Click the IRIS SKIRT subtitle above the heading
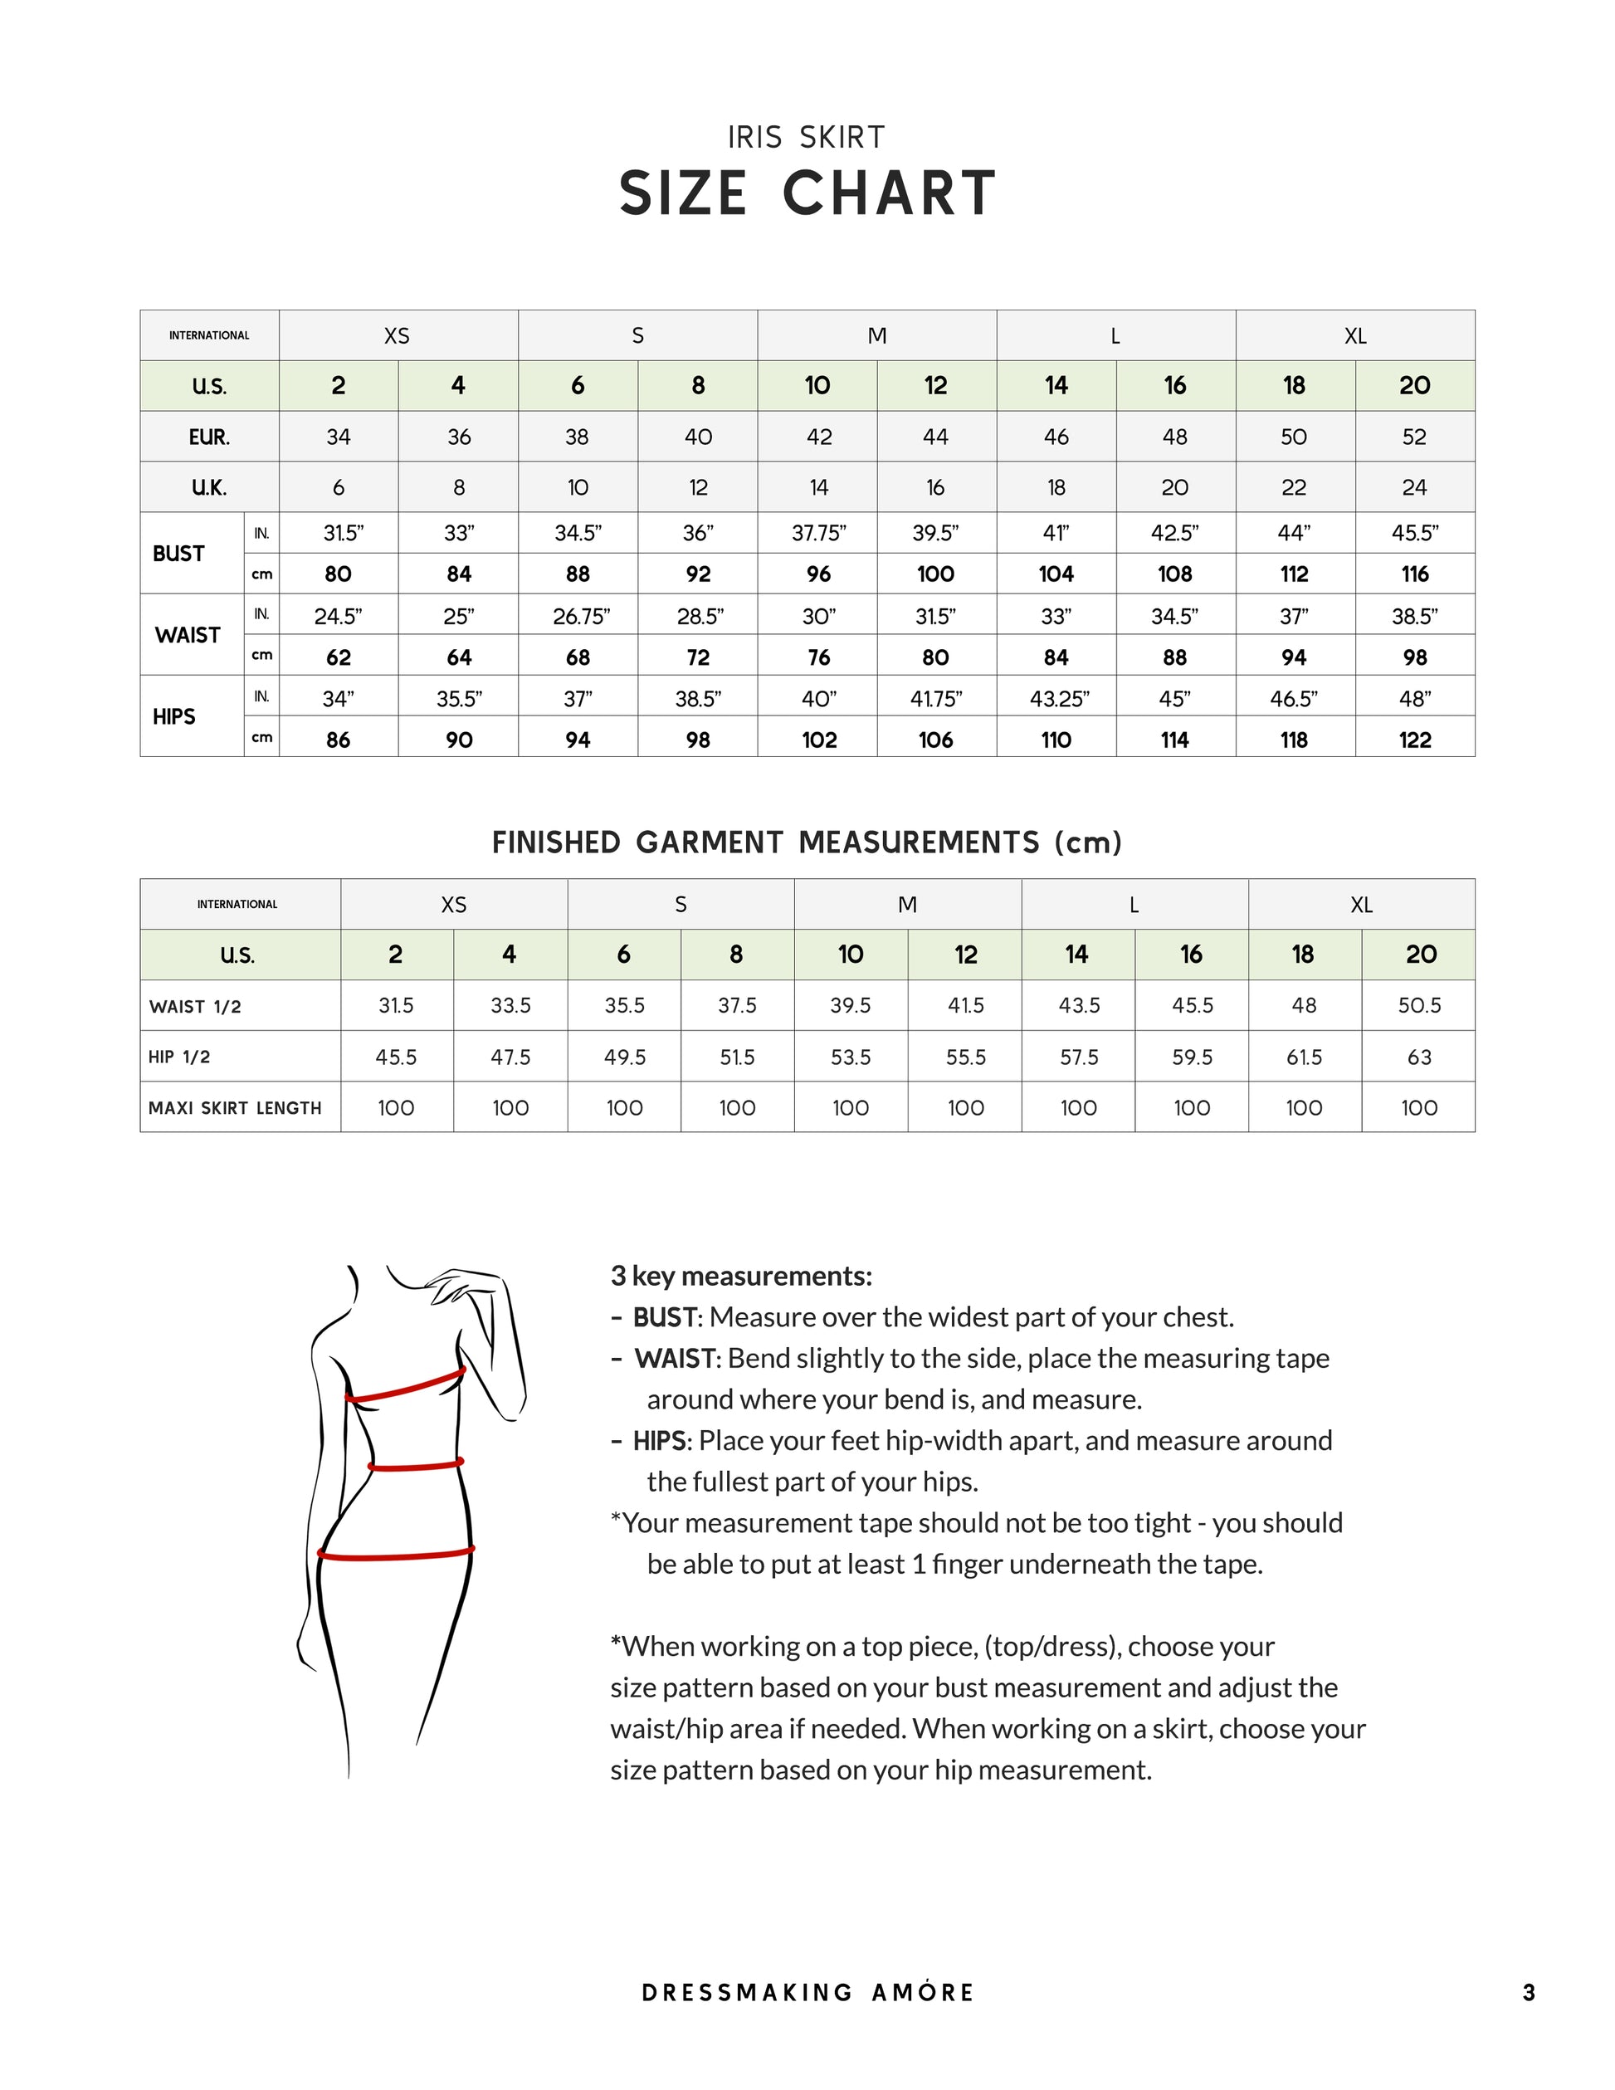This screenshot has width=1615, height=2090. click(806, 138)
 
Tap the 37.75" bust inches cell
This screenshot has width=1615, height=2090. click(818, 533)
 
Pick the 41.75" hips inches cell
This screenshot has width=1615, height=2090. click(935, 699)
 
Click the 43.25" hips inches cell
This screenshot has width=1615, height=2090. click(1058, 699)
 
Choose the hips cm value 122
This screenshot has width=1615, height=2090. click(1414, 740)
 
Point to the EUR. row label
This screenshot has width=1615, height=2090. click(208, 437)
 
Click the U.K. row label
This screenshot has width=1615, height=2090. click(208, 488)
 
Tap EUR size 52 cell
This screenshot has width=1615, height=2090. click(1414, 437)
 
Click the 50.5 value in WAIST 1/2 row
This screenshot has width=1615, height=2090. click(1419, 1006)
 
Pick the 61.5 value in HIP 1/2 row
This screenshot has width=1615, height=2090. click(1304, 1057)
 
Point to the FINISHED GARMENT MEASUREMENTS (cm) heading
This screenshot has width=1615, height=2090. click(806, 843)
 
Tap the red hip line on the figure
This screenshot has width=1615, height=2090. click(395, 1553)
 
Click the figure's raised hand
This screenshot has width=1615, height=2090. click(457, 1284)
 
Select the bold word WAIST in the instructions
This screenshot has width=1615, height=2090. click(675, 1359)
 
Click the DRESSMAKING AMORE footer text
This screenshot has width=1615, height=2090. click(807, 1992)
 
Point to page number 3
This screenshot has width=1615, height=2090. click(1529, 1992)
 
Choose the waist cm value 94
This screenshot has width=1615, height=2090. click(1294, 657)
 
